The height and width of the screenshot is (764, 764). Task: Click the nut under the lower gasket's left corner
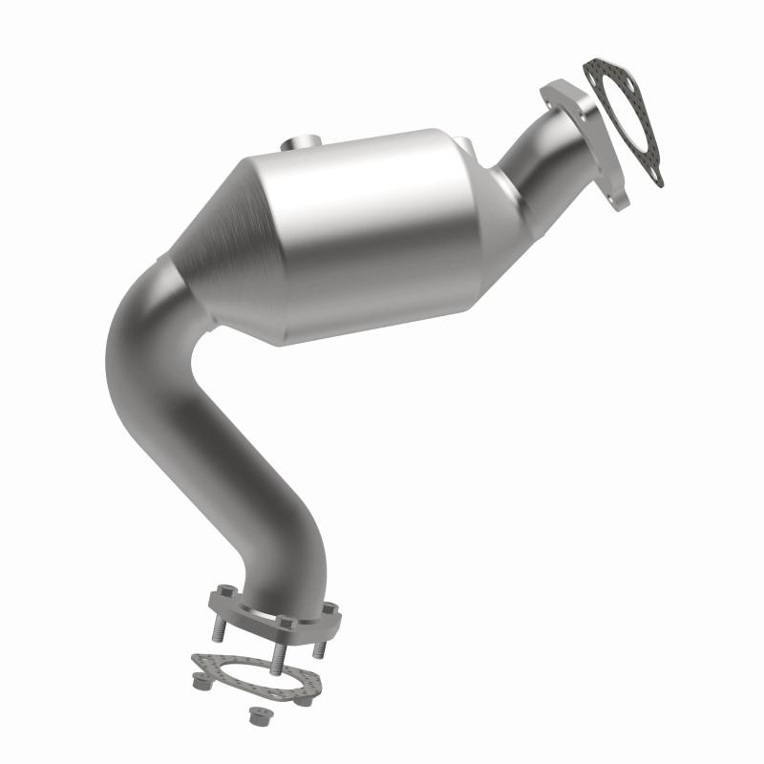pyautogui.click(x=202, y=684)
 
